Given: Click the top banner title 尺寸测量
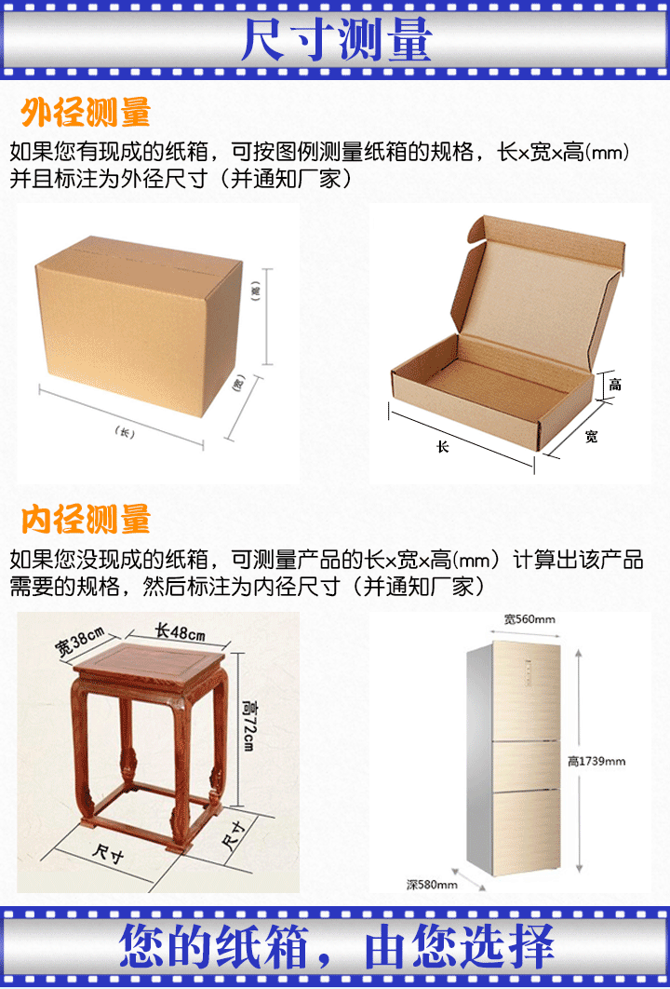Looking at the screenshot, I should click(337, 40).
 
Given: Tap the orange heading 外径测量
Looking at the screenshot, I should click(86, 113).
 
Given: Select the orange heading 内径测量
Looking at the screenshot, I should click(86, 519).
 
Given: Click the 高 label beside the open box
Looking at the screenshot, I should click(615, 384).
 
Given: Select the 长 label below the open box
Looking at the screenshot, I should click(443, 447).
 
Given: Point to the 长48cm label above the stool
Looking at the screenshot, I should click(181, 632).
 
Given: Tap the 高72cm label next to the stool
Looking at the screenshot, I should click(248, 725).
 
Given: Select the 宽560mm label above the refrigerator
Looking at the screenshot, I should click(529, 619).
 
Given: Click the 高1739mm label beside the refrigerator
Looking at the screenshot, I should click(596, 761).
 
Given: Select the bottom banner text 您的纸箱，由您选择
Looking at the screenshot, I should click(337, 947).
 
